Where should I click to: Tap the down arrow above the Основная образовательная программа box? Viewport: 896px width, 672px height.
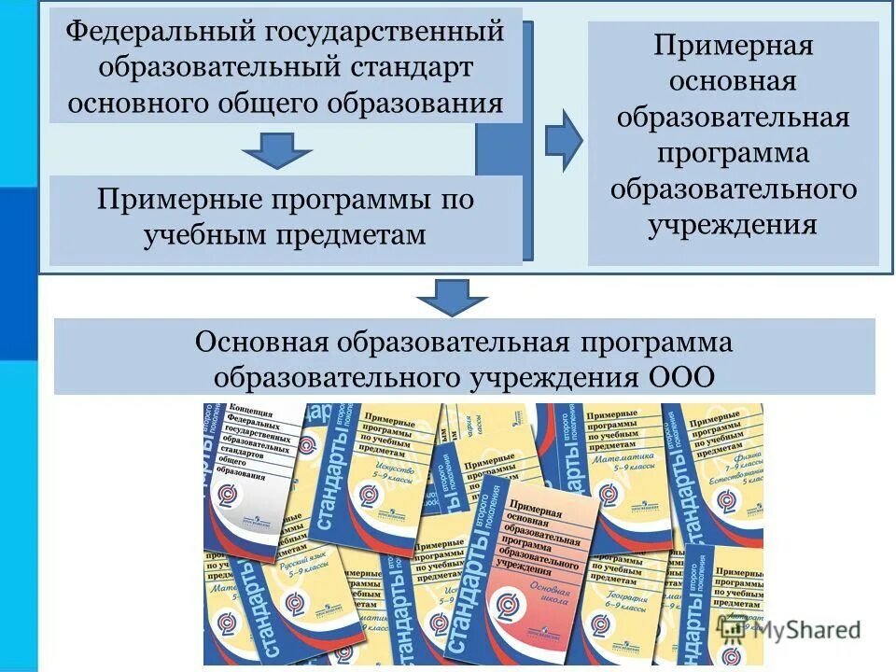point(452,297)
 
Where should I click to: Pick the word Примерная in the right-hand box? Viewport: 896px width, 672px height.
point(733,46)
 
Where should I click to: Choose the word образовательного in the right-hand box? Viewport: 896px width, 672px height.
point(733,189)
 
